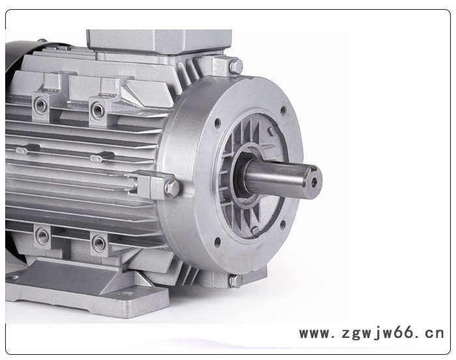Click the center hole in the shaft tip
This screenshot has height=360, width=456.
314,182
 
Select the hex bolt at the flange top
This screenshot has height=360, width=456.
236,66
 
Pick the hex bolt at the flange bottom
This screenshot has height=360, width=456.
235,281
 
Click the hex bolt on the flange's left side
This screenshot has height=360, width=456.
172,187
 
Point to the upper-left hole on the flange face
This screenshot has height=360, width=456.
217,124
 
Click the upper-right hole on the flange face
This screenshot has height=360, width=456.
282,111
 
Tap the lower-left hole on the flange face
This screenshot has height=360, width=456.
217,242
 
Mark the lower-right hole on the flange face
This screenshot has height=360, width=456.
281,225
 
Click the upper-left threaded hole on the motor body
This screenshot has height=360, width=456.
40,105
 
